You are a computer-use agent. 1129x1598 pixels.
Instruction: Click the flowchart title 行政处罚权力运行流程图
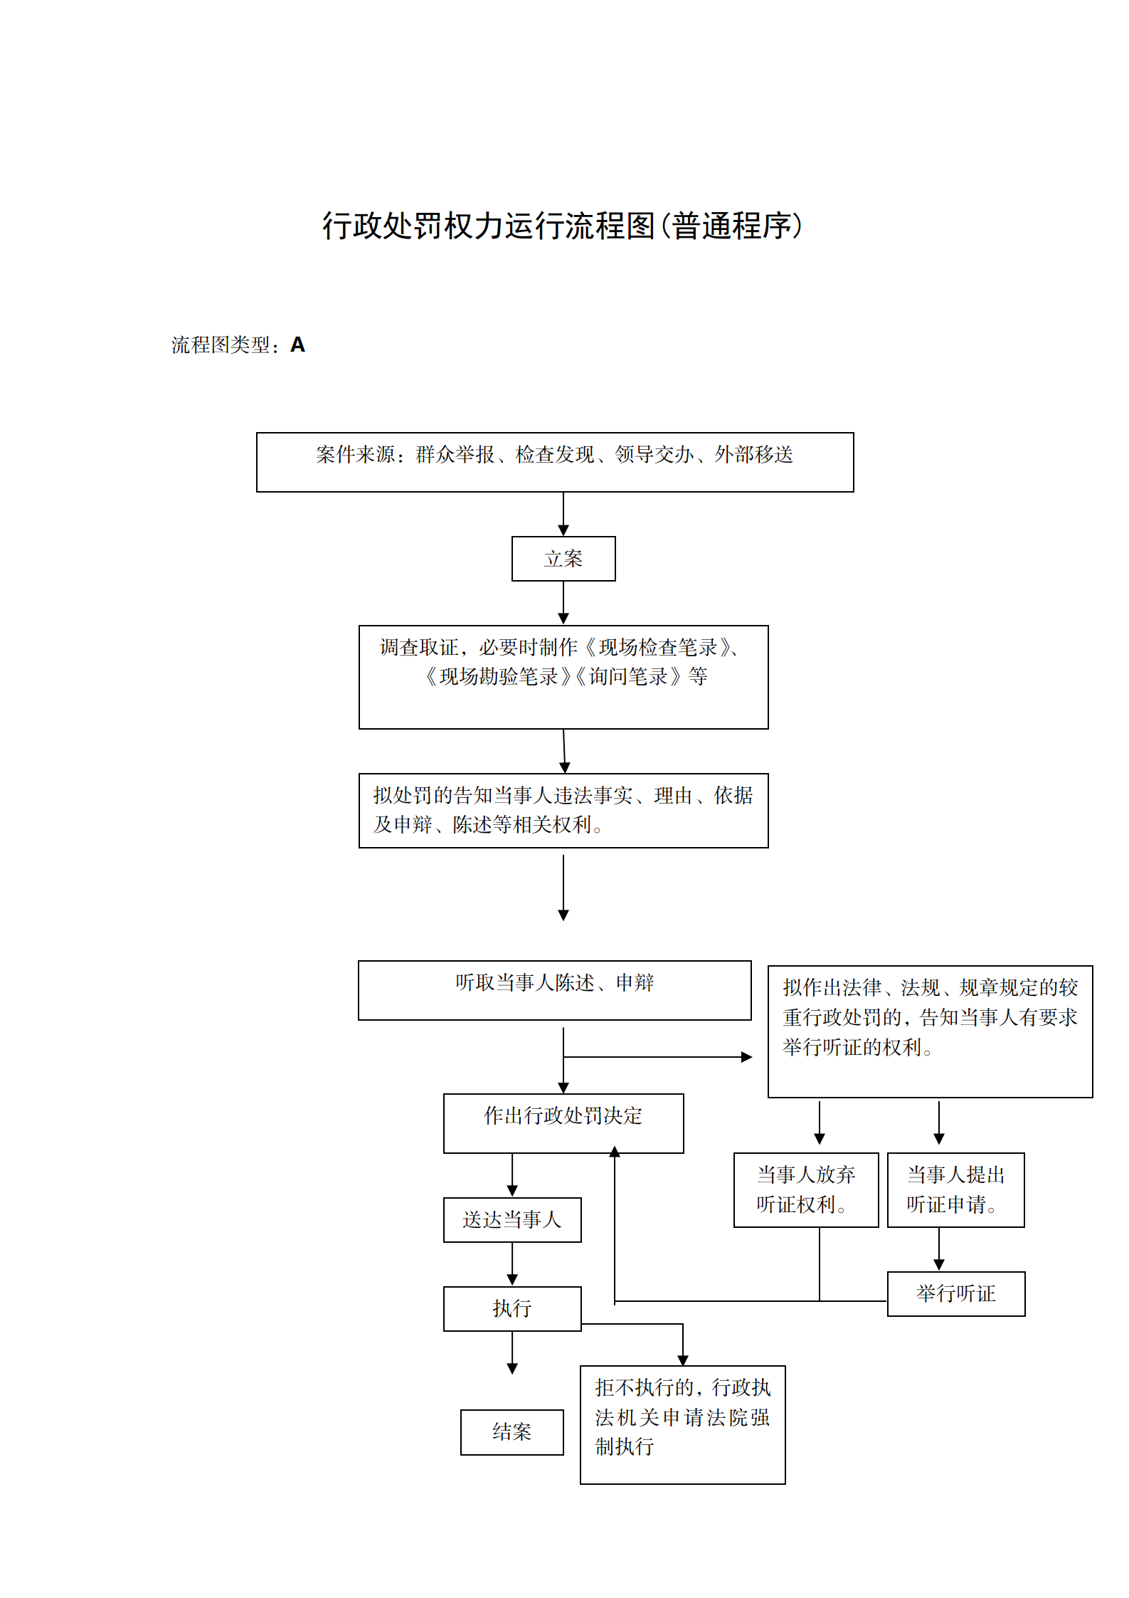(562, 226)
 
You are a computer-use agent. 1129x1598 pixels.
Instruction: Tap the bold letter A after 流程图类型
(297, 345)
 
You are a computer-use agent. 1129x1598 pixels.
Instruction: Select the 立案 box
(563, 559)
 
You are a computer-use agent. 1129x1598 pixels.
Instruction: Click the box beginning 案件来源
(555, 462)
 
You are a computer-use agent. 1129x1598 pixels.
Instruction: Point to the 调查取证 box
(563, 676)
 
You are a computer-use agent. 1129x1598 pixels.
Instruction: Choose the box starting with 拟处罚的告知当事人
(563, 810)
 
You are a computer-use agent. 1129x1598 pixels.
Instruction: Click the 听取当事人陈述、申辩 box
(555, 990)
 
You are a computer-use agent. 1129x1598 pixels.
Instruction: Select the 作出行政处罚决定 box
(563, 1123)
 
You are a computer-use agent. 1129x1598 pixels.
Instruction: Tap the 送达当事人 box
(512, 1220)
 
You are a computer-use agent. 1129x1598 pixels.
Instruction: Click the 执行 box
(512, 1308)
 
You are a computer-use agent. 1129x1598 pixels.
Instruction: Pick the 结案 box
(512, 1432)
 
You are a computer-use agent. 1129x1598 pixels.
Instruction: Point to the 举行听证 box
(956, 1293)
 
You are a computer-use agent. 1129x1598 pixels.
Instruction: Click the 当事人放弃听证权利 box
(806, 1189)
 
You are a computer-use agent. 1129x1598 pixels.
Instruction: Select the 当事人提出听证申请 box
(956, 1189)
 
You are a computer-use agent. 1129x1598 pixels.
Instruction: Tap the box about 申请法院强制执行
(683, 1424)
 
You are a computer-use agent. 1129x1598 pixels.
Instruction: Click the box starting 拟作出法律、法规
(931, 1031)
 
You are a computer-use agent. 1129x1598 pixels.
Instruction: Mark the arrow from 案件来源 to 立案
(563, 514)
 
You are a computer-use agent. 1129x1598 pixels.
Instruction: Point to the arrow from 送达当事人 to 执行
(512, 1264)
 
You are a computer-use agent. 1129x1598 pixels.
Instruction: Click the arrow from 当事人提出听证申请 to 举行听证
(939, 1249)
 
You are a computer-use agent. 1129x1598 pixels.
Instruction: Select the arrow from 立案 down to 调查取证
(563, 603)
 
